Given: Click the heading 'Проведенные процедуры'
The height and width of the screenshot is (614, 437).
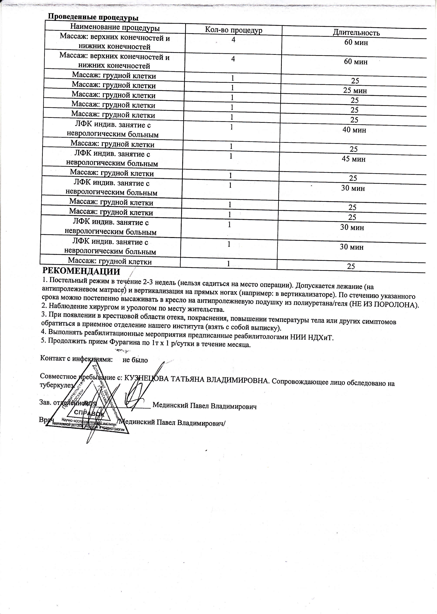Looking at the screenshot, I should [x=93, y=17].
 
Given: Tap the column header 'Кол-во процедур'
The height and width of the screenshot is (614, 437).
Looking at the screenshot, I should [x=234, y=30].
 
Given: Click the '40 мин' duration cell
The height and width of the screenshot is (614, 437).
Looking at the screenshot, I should [x=354, y=130].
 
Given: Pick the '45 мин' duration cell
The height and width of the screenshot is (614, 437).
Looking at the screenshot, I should [x=354, y=159].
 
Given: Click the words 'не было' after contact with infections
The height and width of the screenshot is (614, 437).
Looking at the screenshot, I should [x=135, y=360].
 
